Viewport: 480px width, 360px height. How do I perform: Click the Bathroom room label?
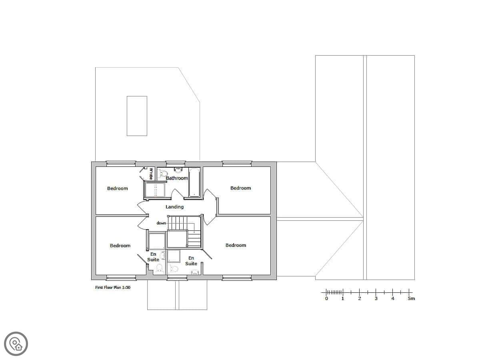(x=176, y=178)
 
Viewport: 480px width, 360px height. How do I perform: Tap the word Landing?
(x=174, y=207)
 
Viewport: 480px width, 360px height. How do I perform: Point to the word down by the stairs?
(x=161, y=223)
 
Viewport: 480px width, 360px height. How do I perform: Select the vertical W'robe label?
(x=151, y=174)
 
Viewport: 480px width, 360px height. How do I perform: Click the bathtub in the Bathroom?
(x=194, y=182)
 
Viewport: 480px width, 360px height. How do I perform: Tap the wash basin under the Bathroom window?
(x=178, y=170)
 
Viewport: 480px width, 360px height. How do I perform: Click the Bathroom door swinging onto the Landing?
(x=177, y=194)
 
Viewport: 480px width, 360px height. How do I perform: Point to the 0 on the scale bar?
(x=326, y=298)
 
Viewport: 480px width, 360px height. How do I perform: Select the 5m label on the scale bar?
(x=411, y=298)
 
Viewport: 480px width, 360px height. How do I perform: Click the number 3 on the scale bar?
(x=376, y=298)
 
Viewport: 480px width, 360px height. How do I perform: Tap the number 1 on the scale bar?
(x=343, y=298)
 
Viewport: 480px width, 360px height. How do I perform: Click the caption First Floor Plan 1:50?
(x=113, y=288)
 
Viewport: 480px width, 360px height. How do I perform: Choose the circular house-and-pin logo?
(x=16, y=344)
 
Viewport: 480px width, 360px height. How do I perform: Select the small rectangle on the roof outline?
(x=137, y=116)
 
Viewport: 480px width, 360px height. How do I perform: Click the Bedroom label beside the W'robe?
(x=118, y=188)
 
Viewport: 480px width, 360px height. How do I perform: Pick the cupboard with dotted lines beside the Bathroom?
(x=155, y=190)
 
